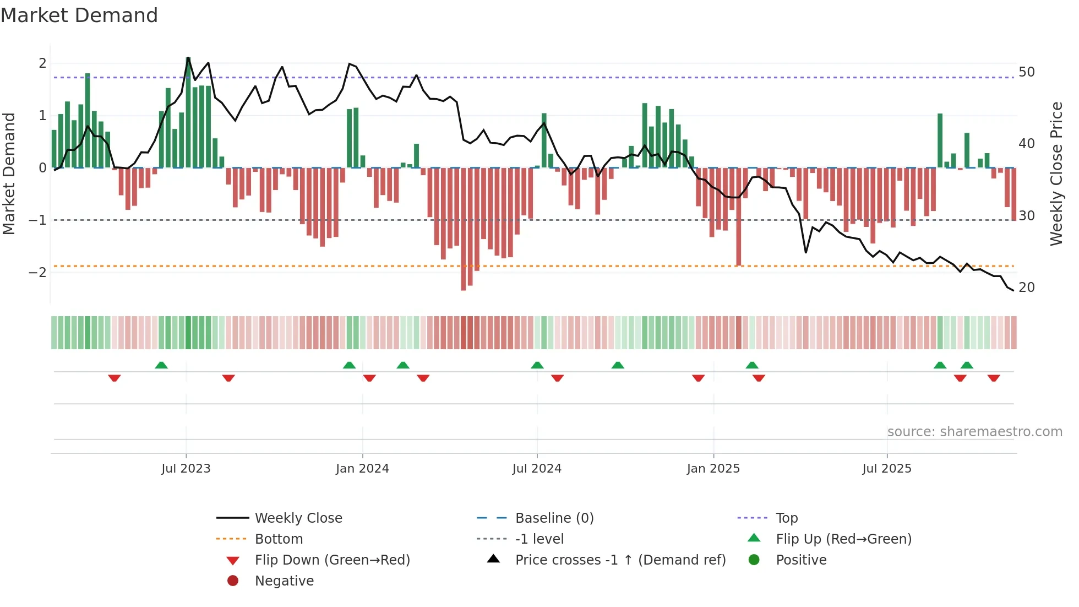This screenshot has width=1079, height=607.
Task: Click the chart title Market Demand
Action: [x=79, y=15]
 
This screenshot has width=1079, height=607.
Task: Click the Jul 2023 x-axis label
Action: [x=186, y=469]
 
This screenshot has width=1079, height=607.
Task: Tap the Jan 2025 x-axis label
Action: [x=713, y=469]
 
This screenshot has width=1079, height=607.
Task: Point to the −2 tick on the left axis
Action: [x=37, y=273]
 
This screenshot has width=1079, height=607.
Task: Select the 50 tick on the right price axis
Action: [x=1027, y=72]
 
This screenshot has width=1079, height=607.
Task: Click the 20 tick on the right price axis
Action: [x=1027, y=288]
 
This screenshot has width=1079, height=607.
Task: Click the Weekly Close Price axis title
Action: [x=1056, y=174]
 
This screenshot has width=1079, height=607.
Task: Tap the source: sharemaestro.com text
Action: [x=974, y=432]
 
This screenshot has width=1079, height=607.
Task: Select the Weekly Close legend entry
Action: [x=298, y=518]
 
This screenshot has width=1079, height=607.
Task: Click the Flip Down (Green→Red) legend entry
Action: [x=332, y=560]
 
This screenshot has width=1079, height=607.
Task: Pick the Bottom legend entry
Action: [x=279, y=539]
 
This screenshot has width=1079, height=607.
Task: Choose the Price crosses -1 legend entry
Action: [x=620, y=560]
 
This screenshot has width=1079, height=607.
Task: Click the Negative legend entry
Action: [x=284, y=581]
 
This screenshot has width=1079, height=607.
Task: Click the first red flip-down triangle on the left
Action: [x=115, y=378]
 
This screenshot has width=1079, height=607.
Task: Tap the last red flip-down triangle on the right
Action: [x=994, y=378]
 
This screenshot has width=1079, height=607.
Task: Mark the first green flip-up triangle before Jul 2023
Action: [x=161, y=365]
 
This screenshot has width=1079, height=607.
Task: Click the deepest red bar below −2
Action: [x=464, y=229]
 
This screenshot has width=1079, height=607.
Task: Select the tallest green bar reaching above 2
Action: [x=188, y=113]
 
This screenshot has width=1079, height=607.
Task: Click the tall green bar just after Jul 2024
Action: [x=544, y=140]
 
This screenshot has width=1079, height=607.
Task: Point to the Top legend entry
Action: [x=786, y=518]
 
